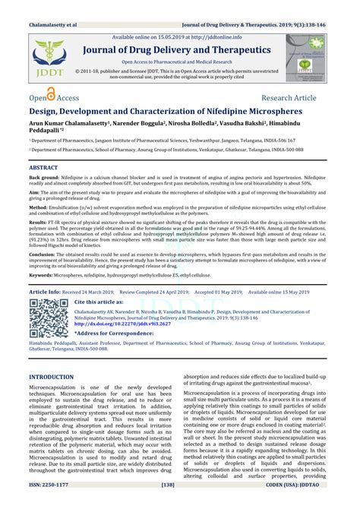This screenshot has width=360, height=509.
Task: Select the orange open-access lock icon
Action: tap(51, 95)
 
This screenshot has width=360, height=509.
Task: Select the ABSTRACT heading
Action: tap(43, 166)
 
